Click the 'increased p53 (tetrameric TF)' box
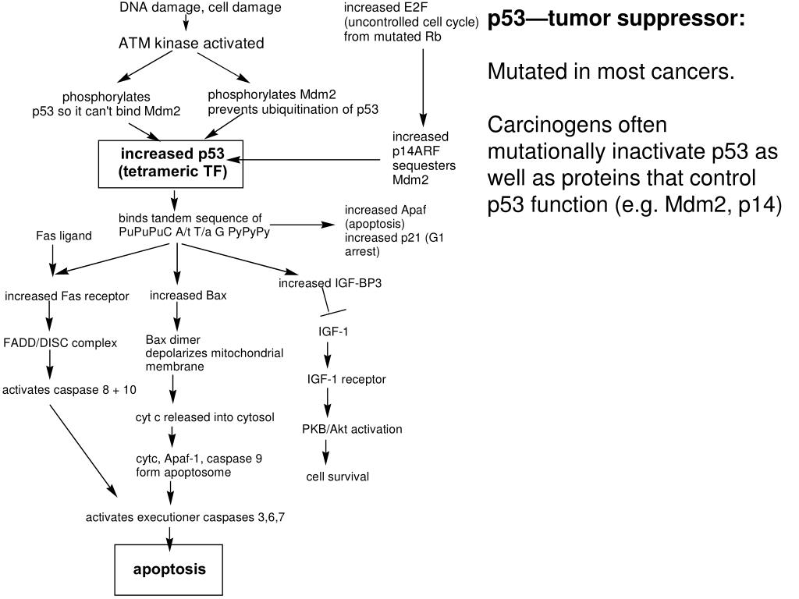[172, 164]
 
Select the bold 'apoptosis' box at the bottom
[169, 569]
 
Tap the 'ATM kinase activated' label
[191, 44]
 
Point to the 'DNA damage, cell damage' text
[201, 8]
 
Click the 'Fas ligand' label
[64, 236]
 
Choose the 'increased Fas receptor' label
[67, 296]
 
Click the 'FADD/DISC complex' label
[60, 342]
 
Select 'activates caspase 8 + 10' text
[69, 389]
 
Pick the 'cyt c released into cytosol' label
[204, 417]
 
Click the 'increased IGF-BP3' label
[330, 283]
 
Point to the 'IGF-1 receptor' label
[346, 379]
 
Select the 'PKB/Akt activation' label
[352, 429]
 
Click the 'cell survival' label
[337, 477]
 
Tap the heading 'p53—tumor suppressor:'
[616, 19]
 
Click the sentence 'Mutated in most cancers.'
[611, 72]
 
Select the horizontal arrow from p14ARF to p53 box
[312, 161]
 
